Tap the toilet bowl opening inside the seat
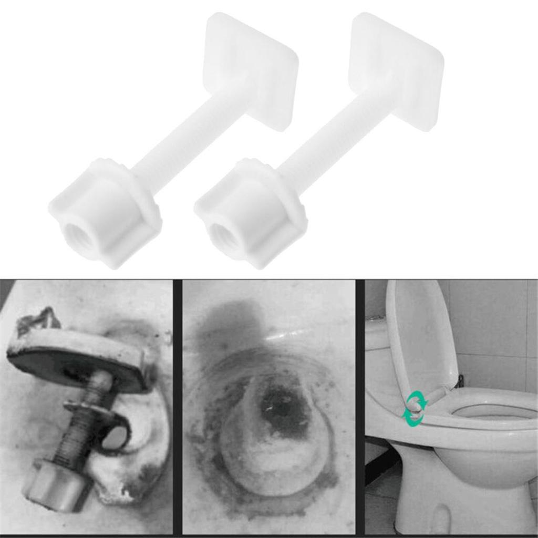click(x=494, y=411)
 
